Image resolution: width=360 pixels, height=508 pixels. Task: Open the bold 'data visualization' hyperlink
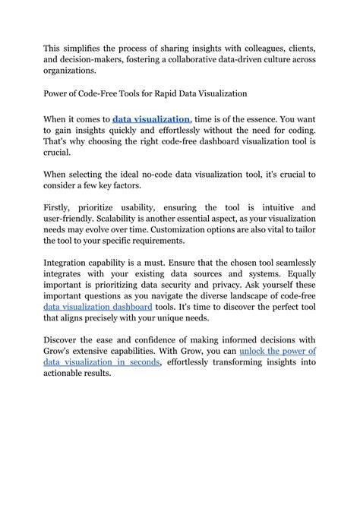coord(151,119)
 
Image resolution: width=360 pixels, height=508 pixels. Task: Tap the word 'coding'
coord(296,131)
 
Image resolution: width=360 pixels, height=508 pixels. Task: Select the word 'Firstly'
coord(62,207)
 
